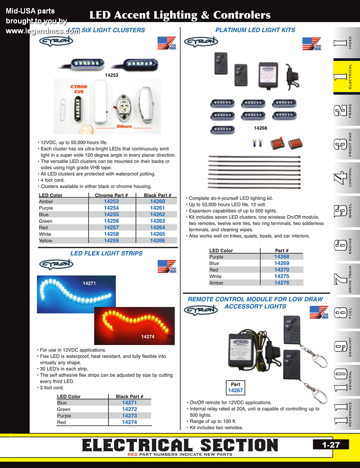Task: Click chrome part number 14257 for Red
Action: [x=112, y=227]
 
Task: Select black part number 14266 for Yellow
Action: [x=157, y=241]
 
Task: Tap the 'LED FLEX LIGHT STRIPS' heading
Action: [x=107, y=253]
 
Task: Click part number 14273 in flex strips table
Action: [x=129, y=416]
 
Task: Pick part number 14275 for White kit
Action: [x=282, y=276]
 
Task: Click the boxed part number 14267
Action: [x=235, y=391]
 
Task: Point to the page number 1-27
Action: [x=331, y=445]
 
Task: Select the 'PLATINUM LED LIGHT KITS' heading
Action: [x=255, y=30]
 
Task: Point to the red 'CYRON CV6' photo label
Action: [x=78, y=89]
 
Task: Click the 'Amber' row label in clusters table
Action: [x=46, y=202]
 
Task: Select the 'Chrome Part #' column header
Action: [x=112, y=195]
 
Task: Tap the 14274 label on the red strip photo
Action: [x=148, y=336]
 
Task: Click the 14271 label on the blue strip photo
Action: [x=90, y=283]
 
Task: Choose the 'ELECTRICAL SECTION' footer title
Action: [x=180, y=445]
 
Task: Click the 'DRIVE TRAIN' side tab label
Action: [x=351, y=280]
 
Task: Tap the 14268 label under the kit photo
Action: [x=261, y=128]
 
